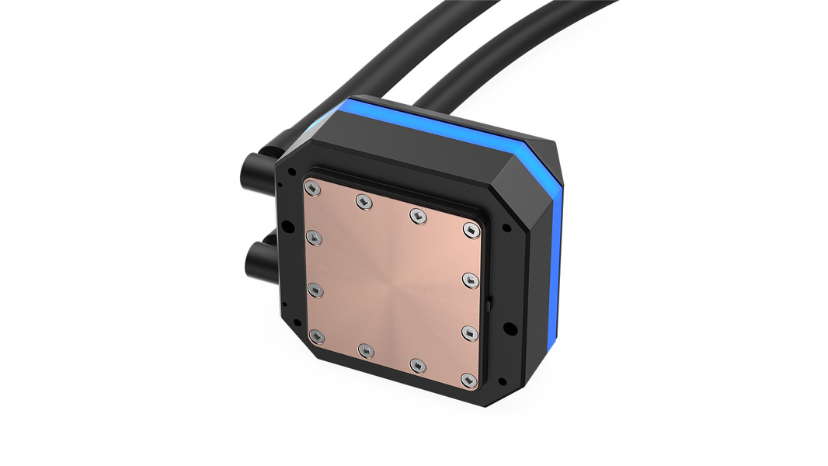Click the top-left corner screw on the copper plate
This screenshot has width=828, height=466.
[312, 189]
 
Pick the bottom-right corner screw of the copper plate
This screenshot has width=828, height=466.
[467, 379]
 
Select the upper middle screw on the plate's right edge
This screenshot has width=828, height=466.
[469, 277]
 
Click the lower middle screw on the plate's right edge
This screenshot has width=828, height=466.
[468, 331]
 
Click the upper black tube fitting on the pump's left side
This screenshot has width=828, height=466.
[256, 166]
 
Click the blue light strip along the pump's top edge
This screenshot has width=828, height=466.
[435, 124]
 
